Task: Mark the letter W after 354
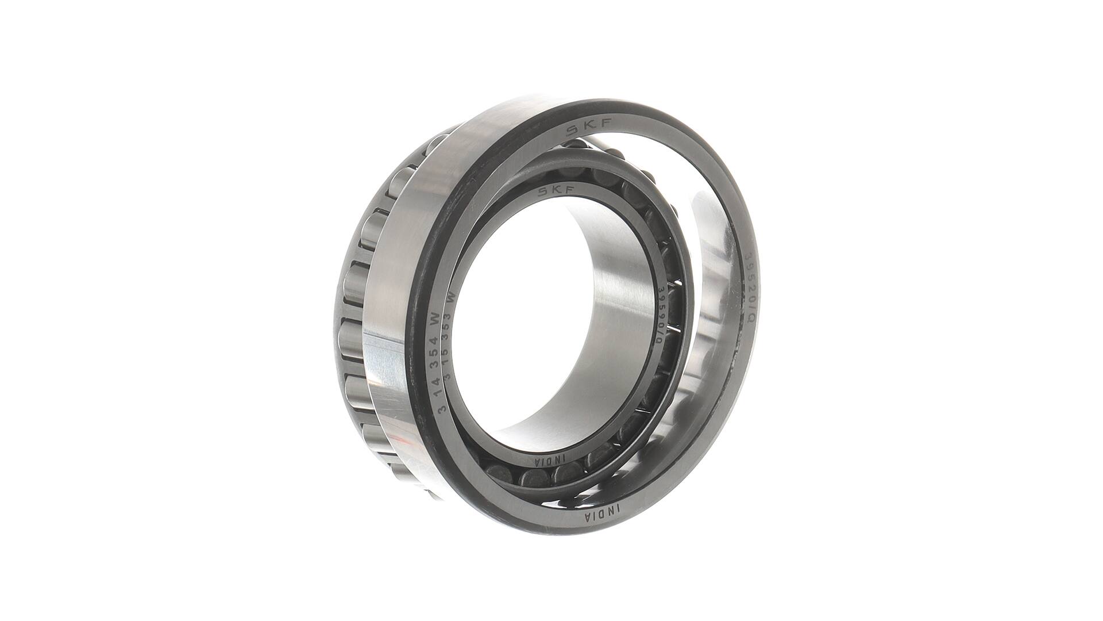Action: [435, 318]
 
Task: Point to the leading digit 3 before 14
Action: [442, 409]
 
